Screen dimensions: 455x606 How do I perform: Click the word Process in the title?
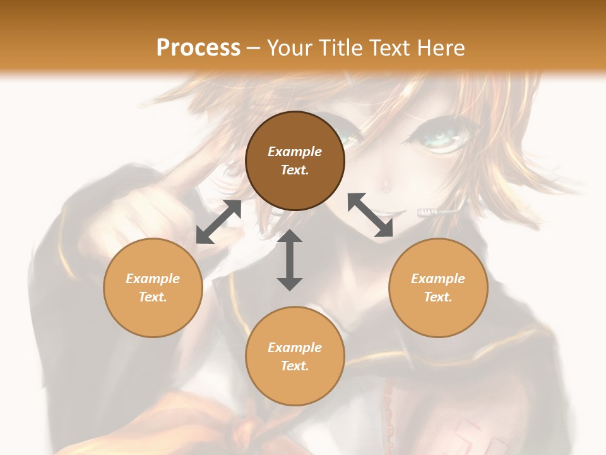(198, 48)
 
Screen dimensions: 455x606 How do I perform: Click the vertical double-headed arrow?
(290, 260)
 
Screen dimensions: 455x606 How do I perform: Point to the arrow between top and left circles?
(218, 222)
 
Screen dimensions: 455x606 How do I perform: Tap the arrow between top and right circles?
(371, 215)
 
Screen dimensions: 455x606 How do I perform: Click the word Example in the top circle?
(295, 152)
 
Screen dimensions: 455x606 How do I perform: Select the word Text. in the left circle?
(153, 297)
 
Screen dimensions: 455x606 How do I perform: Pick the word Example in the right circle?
(438, 279)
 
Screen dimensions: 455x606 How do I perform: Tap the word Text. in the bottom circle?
(295, 366)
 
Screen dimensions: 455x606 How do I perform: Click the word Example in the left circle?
(153, 279)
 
